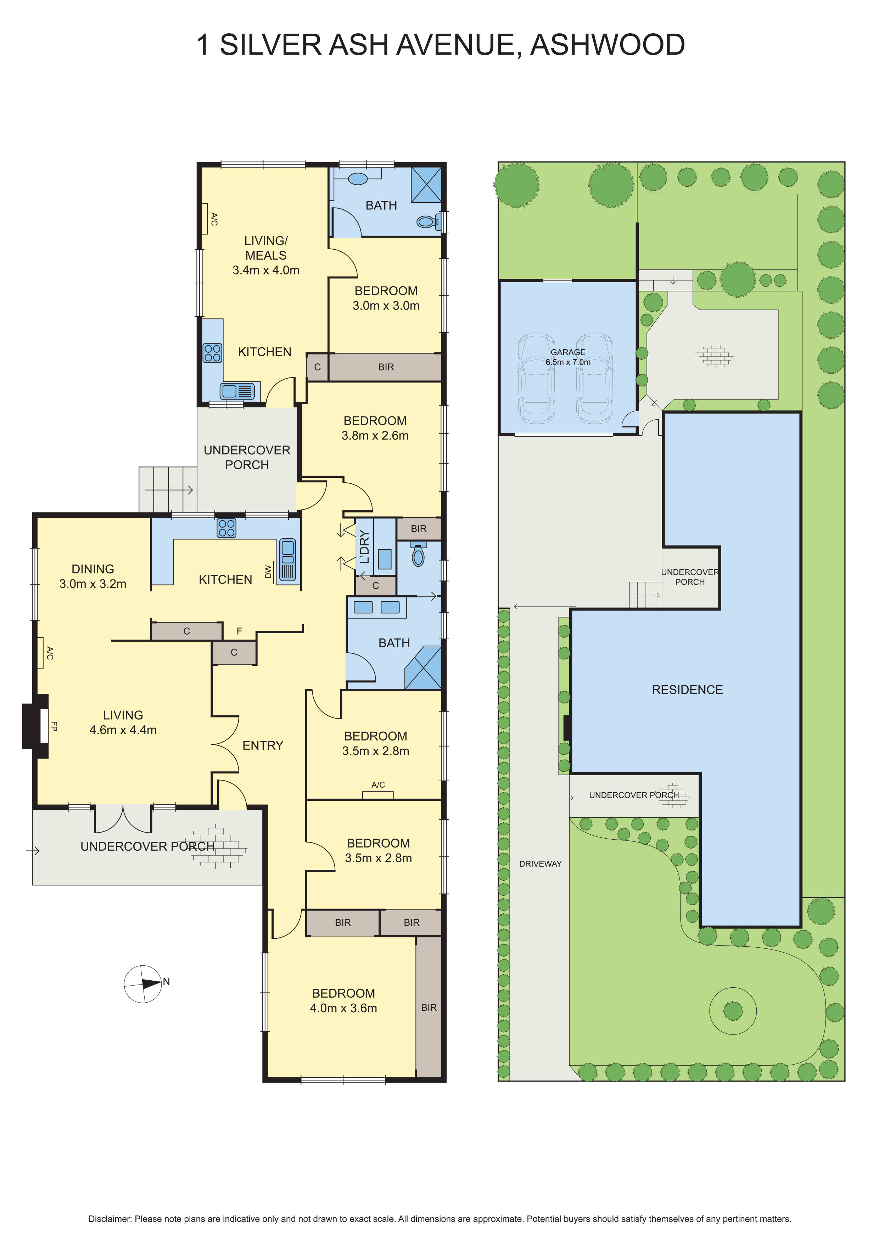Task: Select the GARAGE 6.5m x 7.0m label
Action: [x=568, y=357]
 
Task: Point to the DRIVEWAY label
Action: [x=540, y=864]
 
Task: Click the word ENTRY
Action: [x=263, y=745]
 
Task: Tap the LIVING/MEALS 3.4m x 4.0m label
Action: [x=266, y=255]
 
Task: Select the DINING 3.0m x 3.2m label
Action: [x=93, y=577]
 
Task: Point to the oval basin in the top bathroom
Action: [x=357, y=178]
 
